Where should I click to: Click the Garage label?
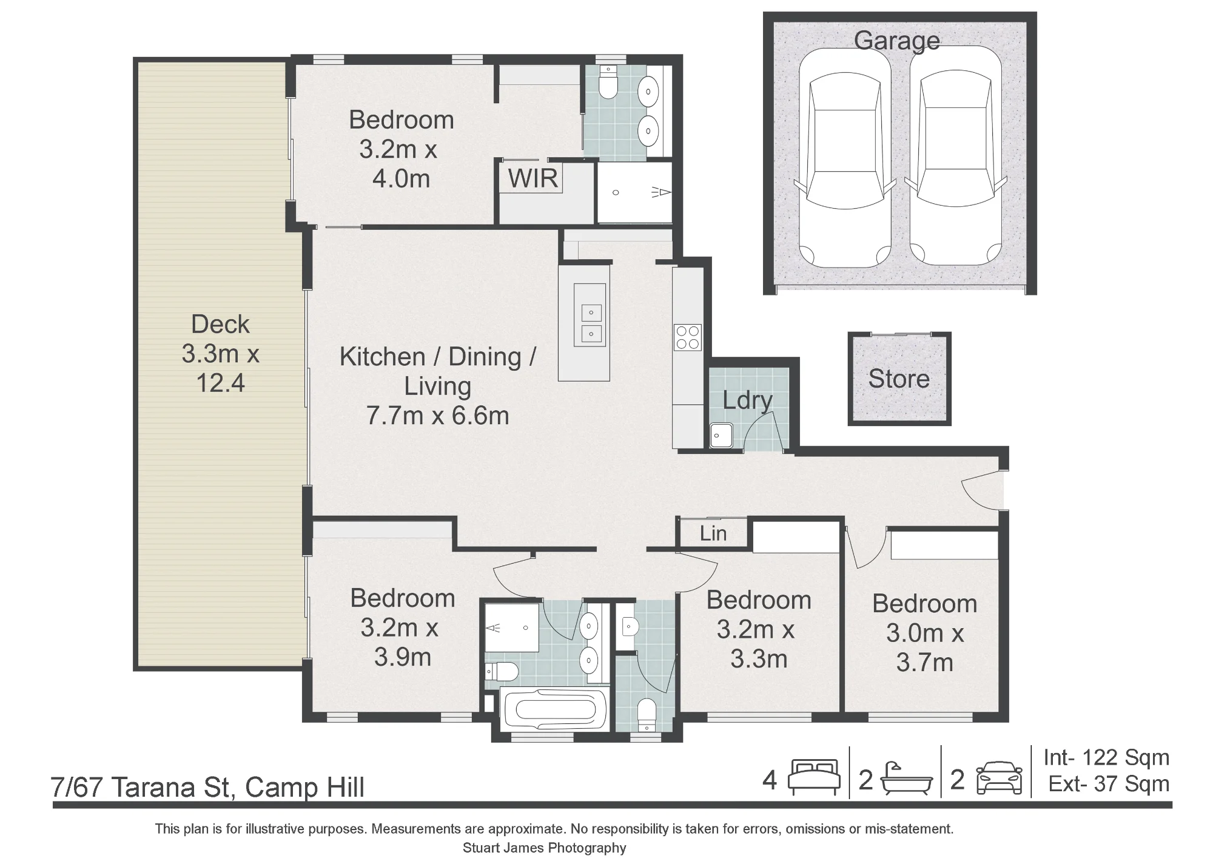(897, 41)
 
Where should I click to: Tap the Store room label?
(899, 379)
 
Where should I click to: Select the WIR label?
(533, 178)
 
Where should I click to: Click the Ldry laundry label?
(747, 401)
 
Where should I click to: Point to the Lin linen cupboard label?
(713, 533)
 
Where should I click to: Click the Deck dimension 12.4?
(220, 383)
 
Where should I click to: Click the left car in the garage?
(845, 158)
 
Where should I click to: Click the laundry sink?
(721, 435)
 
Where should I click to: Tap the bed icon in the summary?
(814, 777)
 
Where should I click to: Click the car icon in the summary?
(1000, 779)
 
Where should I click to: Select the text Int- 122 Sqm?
(1106, 757)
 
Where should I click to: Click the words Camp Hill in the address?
(304, 788)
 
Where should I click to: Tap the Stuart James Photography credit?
(544, 848)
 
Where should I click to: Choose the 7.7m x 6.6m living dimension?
(437, 416)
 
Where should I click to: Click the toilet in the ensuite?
(607, 82)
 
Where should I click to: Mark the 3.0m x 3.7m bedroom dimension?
(925, 648)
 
